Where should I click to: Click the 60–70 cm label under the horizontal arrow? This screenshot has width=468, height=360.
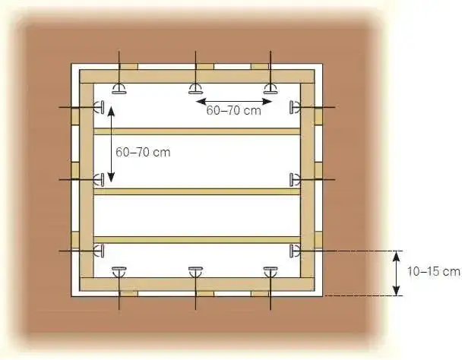coord(233,111)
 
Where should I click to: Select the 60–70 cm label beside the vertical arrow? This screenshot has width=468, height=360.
coord(143,153)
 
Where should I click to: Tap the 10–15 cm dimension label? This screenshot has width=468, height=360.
coord(434,272)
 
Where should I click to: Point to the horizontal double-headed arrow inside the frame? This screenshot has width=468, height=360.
coord(234,102)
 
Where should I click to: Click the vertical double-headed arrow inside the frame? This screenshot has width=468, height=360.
coord(111,144)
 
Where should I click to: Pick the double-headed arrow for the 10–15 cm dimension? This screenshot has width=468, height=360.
coord(396,273)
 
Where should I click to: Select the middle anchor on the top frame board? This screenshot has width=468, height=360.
coord(195,89)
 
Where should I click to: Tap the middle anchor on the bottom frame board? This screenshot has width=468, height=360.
coord(195,272)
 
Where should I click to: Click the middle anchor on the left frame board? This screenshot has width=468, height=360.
coord(99,179)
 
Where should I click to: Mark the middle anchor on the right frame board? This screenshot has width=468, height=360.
coord(295,179)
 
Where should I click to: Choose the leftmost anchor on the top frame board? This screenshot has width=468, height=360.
coord(119,89)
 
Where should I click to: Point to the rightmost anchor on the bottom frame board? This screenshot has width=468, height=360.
coord(270,272)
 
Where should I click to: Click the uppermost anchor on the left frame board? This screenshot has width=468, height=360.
coord(99,107)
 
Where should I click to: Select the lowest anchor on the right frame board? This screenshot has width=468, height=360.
coord(295,251)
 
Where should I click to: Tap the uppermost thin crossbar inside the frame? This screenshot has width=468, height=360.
coord(197,131)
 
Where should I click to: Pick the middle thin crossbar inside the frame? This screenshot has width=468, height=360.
coord(197,191)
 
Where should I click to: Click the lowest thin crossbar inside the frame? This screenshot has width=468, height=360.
coord(197,240)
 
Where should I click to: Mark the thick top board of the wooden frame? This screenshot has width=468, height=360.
coord(197,77)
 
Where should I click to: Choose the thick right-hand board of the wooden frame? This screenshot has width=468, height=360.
coord(307,181)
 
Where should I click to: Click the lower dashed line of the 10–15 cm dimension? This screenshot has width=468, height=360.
coord(363,296)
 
